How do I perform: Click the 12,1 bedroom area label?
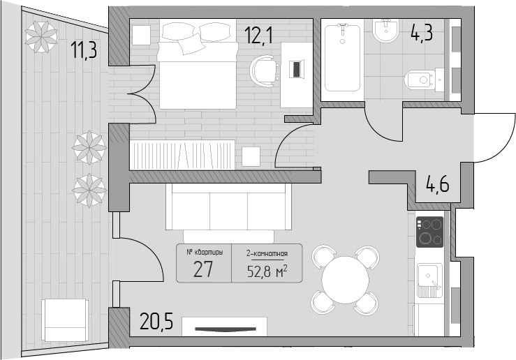coord(258,35)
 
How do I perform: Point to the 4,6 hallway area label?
coord(437,183)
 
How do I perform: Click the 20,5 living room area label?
coord(156,321)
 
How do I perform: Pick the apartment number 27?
coord(203,269)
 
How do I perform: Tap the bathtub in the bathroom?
coord(342,58)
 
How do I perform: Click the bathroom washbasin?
coord(386,30)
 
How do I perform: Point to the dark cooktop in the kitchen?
coord(429,232)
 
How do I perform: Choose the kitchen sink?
coord(429,280)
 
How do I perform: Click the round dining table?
coord(345,280)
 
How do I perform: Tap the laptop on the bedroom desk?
coord(296,69)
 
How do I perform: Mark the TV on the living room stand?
coord(226,329)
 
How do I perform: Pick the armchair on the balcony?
coord(65,320)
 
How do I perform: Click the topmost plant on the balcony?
coord(41,36)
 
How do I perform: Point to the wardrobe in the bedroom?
coord(183,155)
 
